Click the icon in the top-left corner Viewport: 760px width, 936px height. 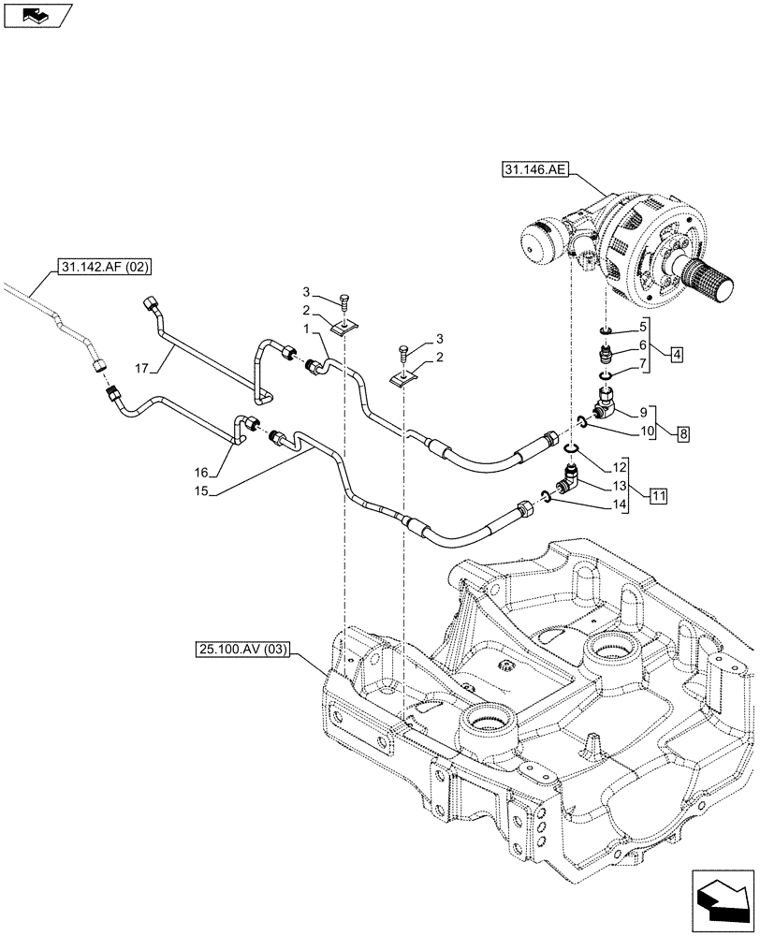(38, 14)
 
